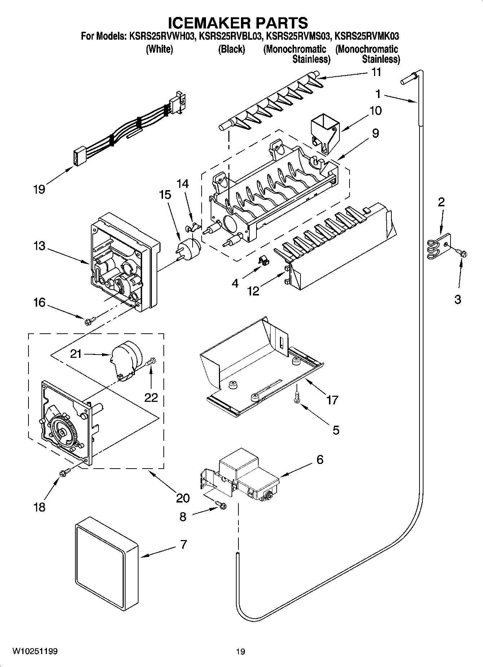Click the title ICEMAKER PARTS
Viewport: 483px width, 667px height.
pos(238,22)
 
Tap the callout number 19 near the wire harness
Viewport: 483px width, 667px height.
pos(39,189)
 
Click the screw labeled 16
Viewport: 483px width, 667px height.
pos(90,320)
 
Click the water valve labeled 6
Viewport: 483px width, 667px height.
pos(249,474)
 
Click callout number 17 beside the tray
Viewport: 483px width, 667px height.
pos(332,399)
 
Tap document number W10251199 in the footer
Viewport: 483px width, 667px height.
pos(35,651)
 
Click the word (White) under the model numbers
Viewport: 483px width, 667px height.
pos(159,49)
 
